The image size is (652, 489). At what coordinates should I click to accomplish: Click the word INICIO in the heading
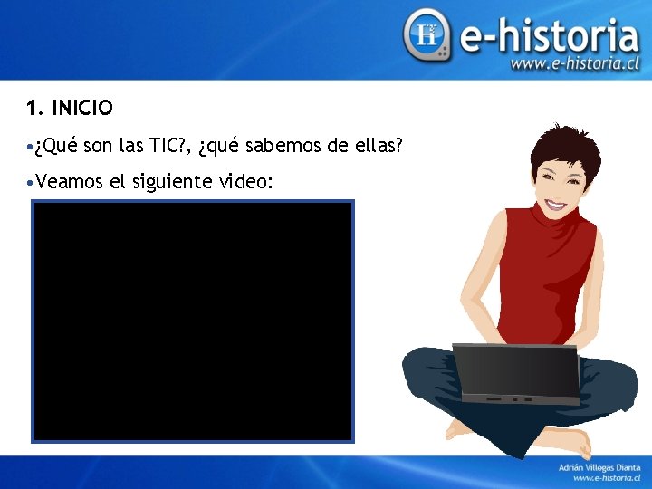point(82,109)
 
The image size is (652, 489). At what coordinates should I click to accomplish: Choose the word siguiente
point(174,182)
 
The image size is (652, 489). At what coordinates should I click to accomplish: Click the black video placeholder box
point(192,321)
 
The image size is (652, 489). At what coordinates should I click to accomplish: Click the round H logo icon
point(427,35)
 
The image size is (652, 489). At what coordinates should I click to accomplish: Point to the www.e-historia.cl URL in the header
point(575,64)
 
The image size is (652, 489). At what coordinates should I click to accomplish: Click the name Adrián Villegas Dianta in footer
point(599,466)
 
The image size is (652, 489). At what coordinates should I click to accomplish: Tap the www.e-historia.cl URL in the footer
point(606,477)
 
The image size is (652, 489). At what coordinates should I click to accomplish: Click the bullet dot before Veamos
point(31,182)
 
